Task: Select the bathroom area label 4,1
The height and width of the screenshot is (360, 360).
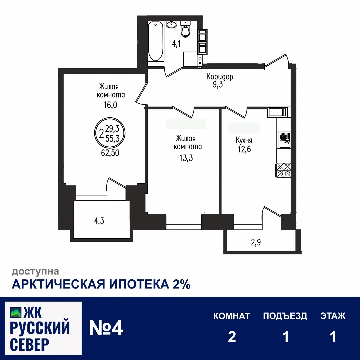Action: click(x=176, y=44)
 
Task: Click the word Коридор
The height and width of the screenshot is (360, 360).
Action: click(x=220, y=77)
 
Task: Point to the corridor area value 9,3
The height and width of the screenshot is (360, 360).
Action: click(x=218, y=85)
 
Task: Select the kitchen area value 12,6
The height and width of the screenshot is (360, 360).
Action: click(x=244, y=149)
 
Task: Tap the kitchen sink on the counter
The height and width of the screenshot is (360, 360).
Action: click(x=284, y=139)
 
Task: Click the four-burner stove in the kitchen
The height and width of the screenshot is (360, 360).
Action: click(x=283, y=170)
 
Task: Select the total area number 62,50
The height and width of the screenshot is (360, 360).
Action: click(x=110, y=153)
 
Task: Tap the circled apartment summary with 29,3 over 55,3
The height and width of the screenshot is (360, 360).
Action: click(x=110, y=133)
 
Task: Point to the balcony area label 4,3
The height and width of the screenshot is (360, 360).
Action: click(x=99, y=221)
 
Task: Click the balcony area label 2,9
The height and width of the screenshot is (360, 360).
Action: click(x=256, y=242)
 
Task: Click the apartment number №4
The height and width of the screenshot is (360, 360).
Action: click(x=106, y=328)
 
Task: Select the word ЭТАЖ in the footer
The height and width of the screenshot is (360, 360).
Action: click(x=333, y=316)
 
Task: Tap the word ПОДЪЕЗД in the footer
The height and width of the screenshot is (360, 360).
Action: click(x=285, y=316)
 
